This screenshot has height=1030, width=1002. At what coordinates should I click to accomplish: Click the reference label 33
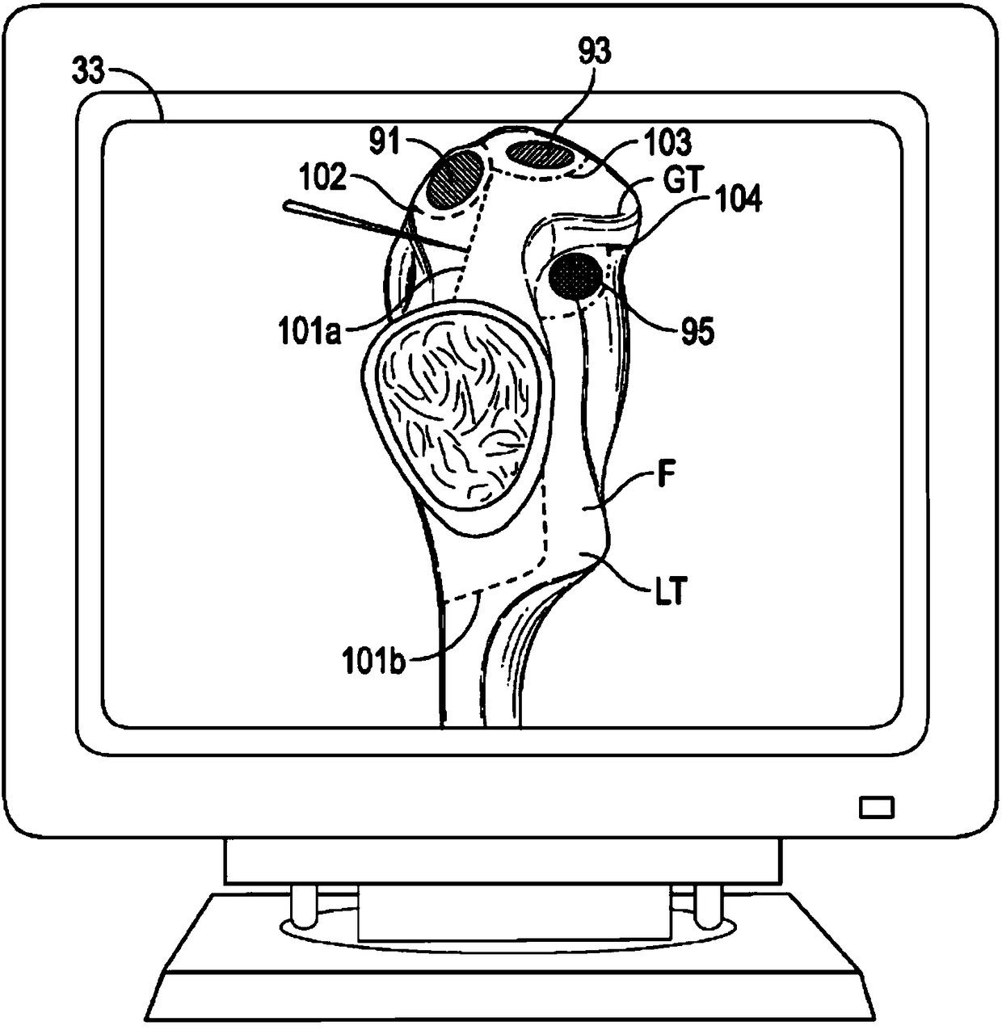click(x=88, y=73)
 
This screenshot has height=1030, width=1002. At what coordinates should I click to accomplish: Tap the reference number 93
click(x=594, y=53)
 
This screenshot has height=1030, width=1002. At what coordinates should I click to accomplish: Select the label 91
click(x=385, y=142)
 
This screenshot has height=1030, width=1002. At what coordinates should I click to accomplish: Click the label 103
click(x=668, y=143)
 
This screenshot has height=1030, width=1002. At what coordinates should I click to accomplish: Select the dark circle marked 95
click(x=575, y=275)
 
